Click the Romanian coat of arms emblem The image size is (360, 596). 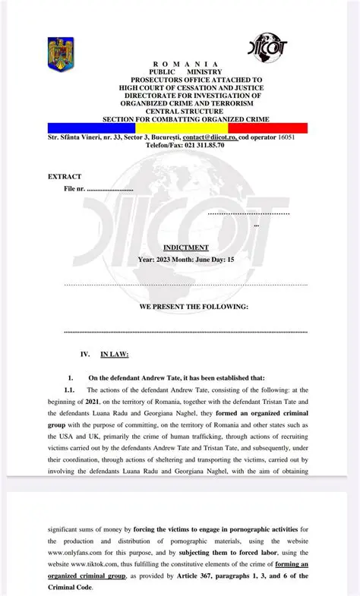tap(60, 54)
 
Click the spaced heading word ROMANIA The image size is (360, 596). tap(185, 64)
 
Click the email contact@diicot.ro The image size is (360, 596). tap(210, 137)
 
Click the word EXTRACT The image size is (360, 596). tap(65, 176)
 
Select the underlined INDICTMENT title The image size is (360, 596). tap(185, 248)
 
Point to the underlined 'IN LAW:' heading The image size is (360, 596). tap(115, 354)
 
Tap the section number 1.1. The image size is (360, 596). tap(70, 389)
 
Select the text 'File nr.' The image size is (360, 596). tap(74, 188)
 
